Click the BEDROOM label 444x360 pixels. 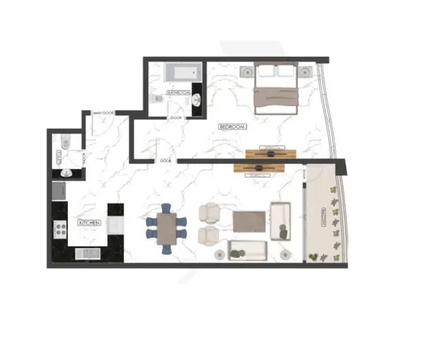pos(233,127)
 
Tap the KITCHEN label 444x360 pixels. pos(89,222)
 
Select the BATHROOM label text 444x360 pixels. pos(178,93)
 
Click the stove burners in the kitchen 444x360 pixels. pos(58,228)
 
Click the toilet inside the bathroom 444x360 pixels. pos(157,99)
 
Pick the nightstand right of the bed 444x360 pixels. pos(306,72)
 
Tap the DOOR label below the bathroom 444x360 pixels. pos(176,118)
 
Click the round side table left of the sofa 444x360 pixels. pos(220,255)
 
